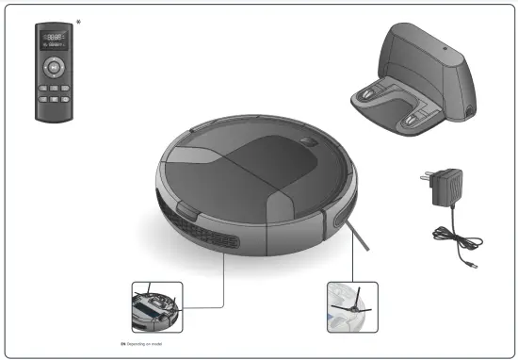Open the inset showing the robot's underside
[x=154, y=305]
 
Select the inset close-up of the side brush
[x=350, y=307]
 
